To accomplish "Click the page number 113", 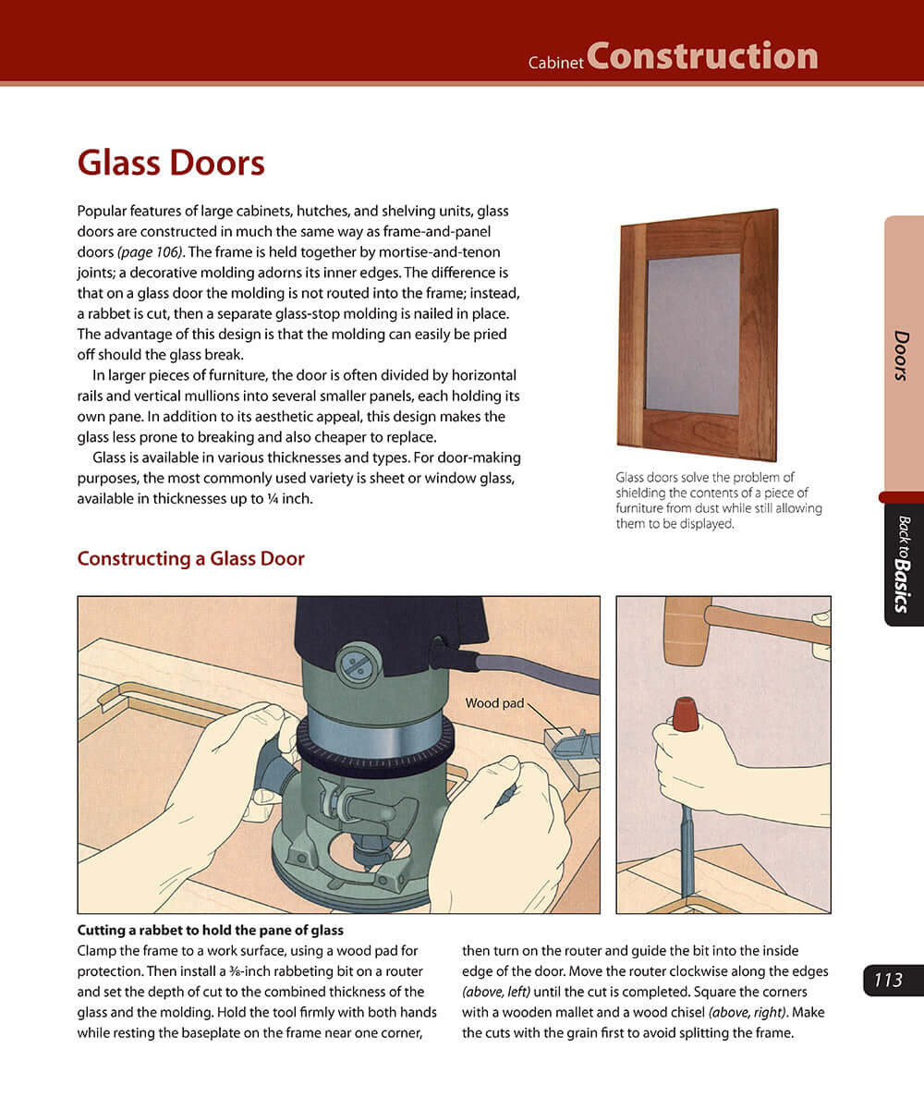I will tap(888, 980).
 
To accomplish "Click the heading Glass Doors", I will tap(171, 164).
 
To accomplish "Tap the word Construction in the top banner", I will tap(702, 56).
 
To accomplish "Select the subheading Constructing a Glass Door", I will tap(190, 558).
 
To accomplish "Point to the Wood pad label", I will tap(494, 703).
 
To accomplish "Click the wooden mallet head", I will tap(687, 630).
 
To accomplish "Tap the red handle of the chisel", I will tap(686, 714).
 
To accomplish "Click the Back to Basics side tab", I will tap(903, 564).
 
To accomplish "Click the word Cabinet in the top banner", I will tap(555, 64).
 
